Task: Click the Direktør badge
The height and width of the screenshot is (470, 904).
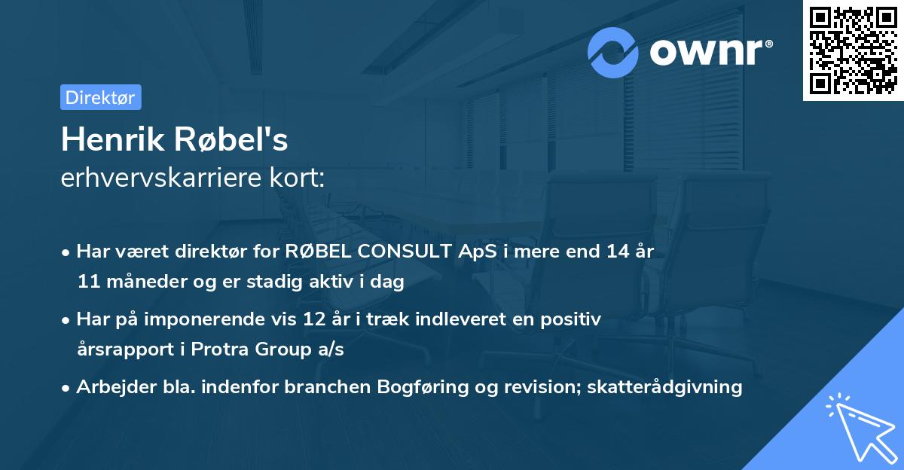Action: (100, 97)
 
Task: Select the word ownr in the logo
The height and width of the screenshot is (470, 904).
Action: (705, 52)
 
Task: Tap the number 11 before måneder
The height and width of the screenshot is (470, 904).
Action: (87, 282)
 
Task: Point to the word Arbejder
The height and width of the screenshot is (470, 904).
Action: (111, 387)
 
